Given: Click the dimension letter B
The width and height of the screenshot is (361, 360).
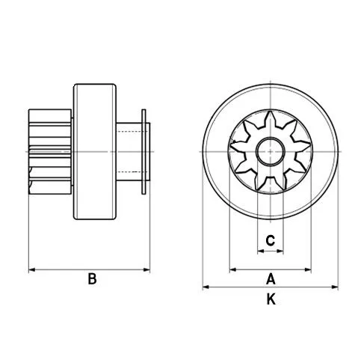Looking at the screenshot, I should tap(92, 279).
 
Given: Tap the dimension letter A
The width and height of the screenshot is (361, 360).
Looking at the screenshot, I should tap(271, 279).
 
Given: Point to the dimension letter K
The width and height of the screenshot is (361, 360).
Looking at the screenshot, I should tap(271, 300).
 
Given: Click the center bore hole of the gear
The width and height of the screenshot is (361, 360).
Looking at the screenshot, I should tap(271, 152).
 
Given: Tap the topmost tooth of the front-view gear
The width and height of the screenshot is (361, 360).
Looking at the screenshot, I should tap(271, 120).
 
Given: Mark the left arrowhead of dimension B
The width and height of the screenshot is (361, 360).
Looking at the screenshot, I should tap(31, 268).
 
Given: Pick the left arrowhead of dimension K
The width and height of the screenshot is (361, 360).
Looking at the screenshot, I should tap(206, 287).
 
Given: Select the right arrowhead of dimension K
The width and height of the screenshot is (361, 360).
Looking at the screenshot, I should tap(336, 287).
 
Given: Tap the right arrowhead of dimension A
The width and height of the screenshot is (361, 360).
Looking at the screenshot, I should tap(310, 268).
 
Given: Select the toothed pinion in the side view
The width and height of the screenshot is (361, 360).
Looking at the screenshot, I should tap(50, 152).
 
